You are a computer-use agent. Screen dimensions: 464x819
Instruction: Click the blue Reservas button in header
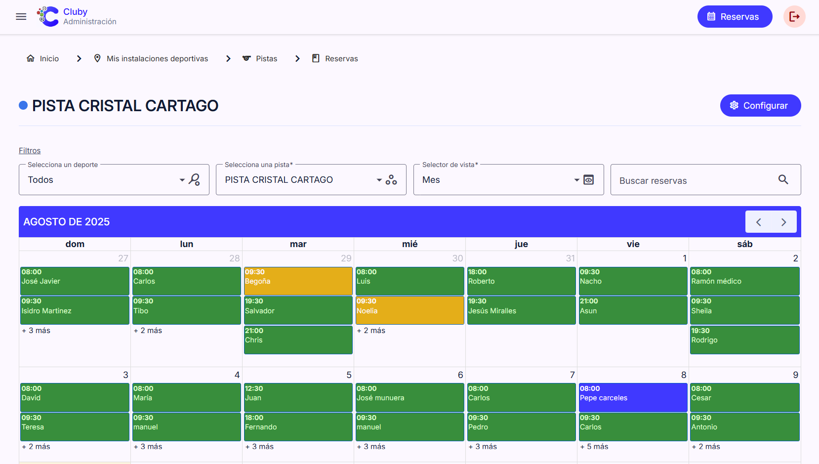(x=735, y=17)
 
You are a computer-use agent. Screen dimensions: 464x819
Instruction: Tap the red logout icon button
(x=794, y=17)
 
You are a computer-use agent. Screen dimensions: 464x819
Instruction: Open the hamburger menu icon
(x=21, y=17)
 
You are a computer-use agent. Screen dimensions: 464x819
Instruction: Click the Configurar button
(x=760, y=106)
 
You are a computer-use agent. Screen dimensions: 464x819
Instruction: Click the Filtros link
(x=30, y=151)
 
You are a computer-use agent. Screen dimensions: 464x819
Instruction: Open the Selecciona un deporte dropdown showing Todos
(x=104, y=180)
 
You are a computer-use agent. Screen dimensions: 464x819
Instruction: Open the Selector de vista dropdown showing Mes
(x=499, y=180)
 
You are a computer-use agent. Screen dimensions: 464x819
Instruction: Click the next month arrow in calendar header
(x=783, y=222)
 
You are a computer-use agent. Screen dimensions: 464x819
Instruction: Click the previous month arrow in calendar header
(x=759, y=222)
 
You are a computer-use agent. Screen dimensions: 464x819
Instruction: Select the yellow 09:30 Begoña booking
(x=298, y=281)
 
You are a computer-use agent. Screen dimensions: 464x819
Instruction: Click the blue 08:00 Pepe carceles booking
(x=633, y=397)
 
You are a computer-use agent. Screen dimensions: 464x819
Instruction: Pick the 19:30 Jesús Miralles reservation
(x=521, y=310)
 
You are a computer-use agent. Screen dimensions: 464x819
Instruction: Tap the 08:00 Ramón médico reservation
(x=744, y=281)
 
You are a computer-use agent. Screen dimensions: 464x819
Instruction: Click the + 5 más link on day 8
(x=594, y=447)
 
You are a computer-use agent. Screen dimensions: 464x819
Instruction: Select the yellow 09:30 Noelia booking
(x=409, y=310)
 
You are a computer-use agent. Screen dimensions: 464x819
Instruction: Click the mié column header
(x=409, y=244)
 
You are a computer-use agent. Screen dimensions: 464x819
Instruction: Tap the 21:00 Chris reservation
(x=298, y=339)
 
